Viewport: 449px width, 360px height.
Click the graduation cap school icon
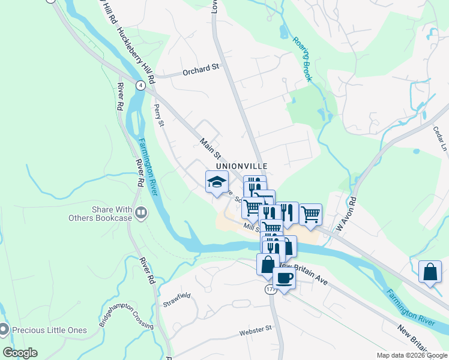coord(217,182)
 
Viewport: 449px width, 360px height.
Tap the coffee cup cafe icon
coord(284,278)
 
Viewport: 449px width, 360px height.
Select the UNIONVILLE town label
coord(242,165)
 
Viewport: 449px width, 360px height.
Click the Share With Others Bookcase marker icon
coord(142,212)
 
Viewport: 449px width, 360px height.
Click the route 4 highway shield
coord(140,85)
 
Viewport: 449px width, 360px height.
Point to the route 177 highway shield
coord(270,289)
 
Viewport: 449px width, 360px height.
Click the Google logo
coord(20,353)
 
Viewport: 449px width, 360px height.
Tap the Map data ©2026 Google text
coord(411,355)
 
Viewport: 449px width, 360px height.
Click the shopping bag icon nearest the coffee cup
coord(267,263)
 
